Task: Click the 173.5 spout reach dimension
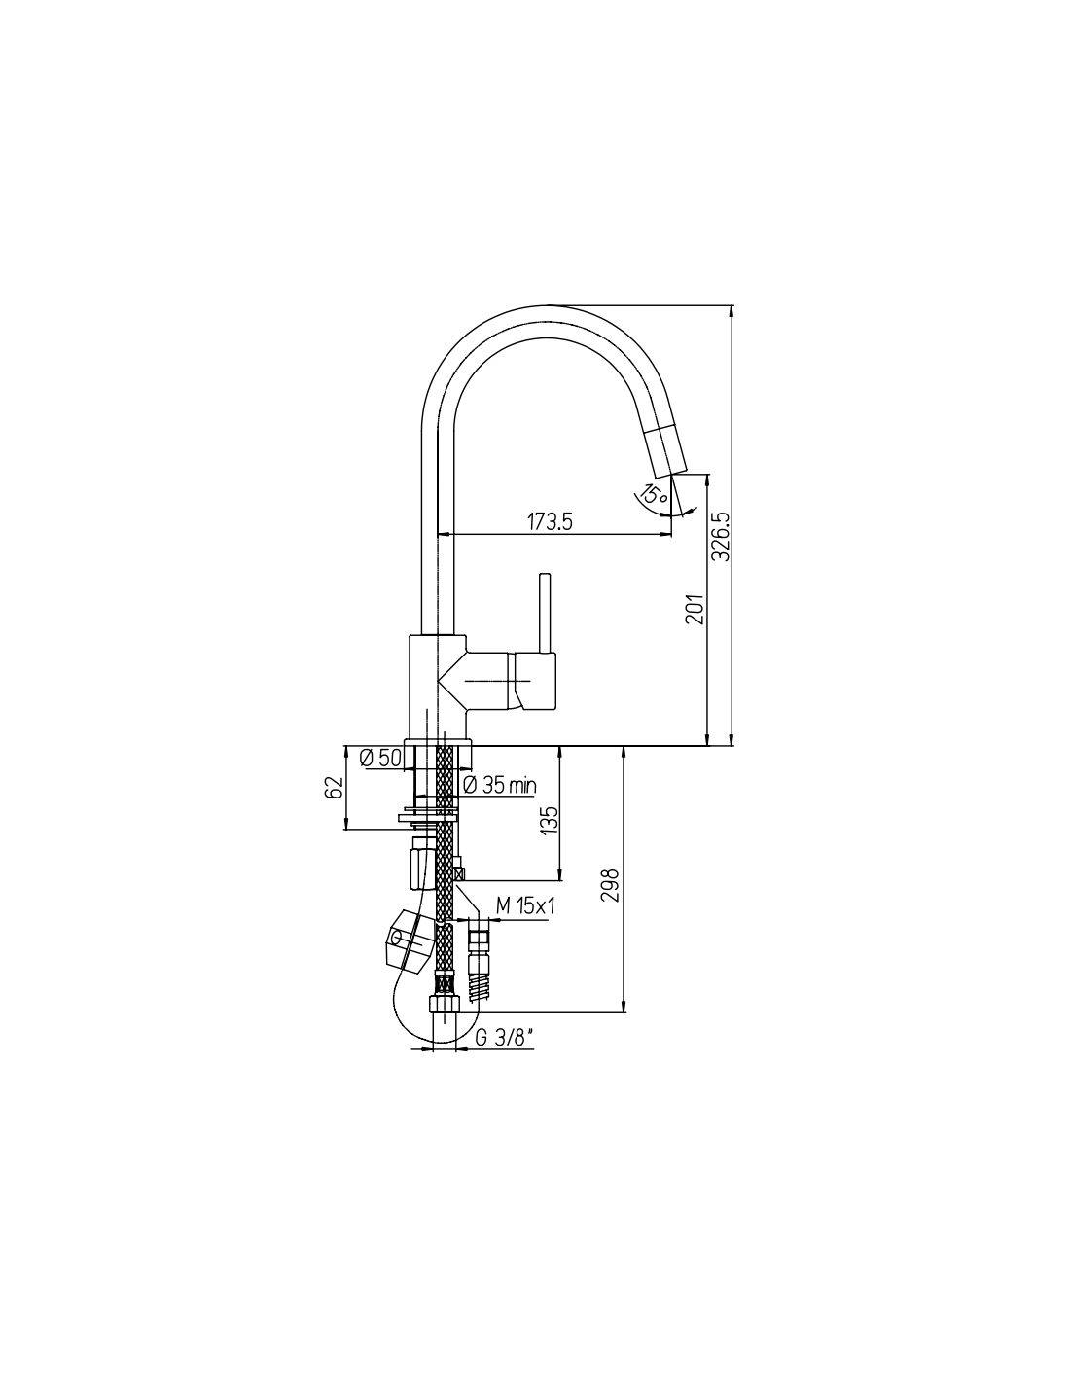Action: click(550, 521)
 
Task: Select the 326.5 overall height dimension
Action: click(720, 537)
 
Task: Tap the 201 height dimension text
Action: click(695, 609)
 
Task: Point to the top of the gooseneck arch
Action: click(548, 306)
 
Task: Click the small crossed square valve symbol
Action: click(458, 874)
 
